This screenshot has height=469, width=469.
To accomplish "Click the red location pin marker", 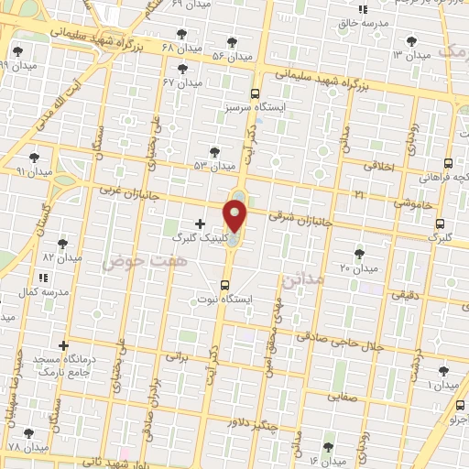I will [x=235, y=216].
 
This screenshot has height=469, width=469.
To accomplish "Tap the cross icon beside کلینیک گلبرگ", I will [x=200, y=224].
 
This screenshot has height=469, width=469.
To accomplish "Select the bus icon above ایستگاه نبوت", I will [x=225, y=284].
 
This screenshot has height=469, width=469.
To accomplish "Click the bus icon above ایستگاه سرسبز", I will [x=255, y=93].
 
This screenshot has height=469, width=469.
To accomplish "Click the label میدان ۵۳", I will [x=214, y=166].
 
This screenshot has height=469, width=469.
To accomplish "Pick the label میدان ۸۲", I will [x=62, y=257].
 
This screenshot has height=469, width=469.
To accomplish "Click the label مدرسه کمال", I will [x=45, y=291].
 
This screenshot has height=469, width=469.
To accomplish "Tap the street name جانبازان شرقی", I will [x=298, y=216].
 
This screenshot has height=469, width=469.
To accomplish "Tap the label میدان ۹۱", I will [x=34, y=171].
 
